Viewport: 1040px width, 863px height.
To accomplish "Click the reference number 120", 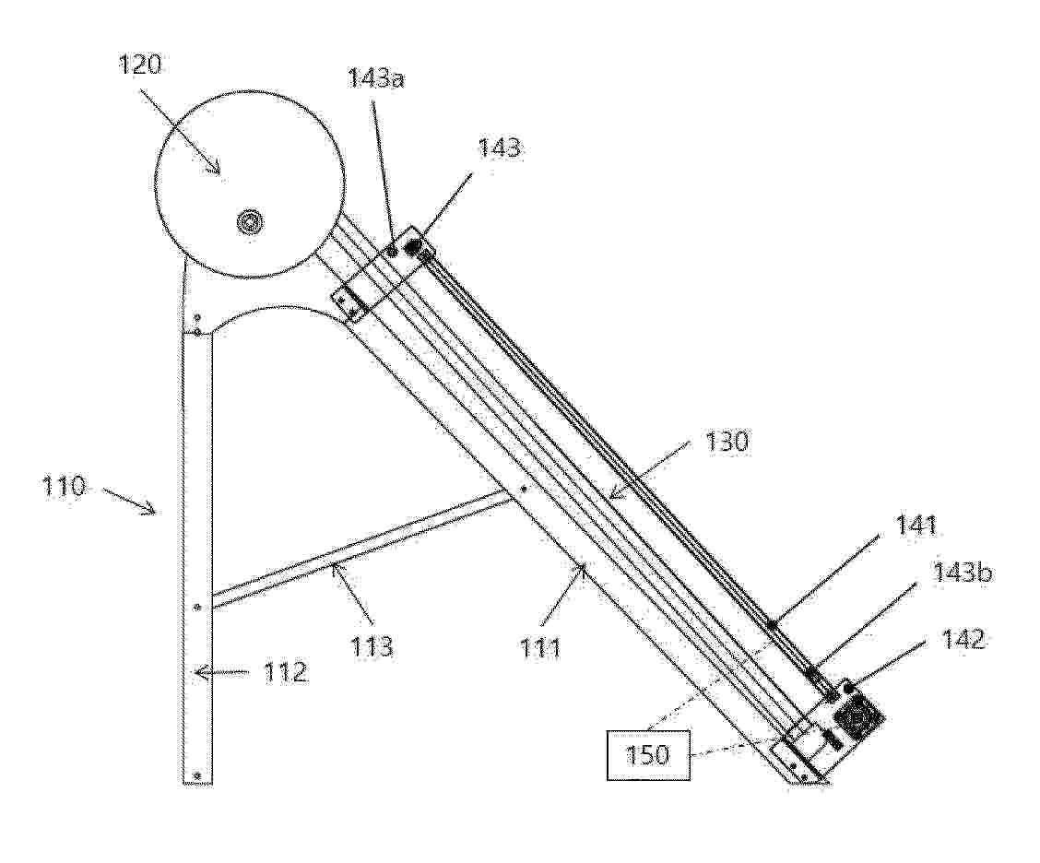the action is (x=140, y=65).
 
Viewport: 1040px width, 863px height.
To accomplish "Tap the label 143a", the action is (x=376, y=78).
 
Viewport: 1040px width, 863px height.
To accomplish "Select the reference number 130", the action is (x=727, y=441).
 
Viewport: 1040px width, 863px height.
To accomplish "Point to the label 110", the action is (x=65, y=487).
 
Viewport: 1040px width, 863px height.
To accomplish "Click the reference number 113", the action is (x=372, y=644).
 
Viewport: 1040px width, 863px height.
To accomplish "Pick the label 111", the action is (x=540, y=647).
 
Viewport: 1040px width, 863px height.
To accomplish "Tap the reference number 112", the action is (x=285, y=673).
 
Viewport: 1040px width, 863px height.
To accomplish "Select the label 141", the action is (x=916, y=526).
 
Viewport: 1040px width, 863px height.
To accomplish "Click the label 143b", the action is (x=963, y=572).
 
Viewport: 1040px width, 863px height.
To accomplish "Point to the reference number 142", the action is (x=963, y=640).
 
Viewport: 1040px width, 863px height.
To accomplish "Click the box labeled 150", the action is (x=647, y=755).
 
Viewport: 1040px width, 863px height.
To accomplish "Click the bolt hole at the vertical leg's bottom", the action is (x=195, y=774).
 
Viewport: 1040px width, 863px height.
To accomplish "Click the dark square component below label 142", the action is (x=860, y=715).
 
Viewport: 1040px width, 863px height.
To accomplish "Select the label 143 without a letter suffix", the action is (x=500, y=148).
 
